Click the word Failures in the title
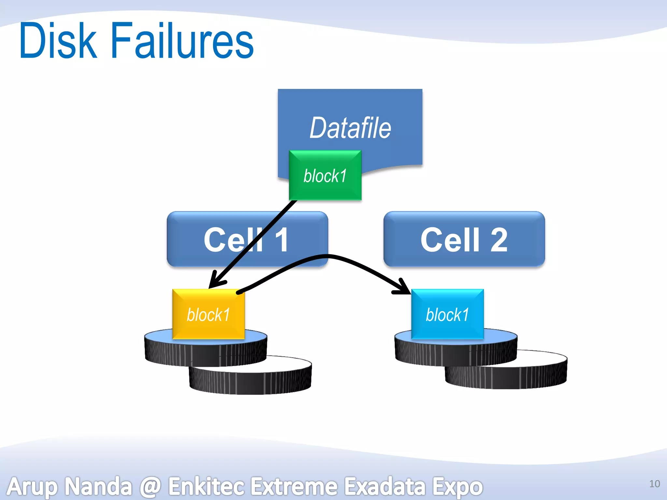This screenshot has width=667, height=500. (182, 41)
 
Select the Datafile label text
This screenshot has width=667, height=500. (350, 128)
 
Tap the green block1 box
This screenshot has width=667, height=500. (325, 176)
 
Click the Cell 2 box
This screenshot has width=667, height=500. (464, 240)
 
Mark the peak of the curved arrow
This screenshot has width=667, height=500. (327, 257)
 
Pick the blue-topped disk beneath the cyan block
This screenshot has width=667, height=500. (456, 350)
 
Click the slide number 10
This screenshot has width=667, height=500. (654, 484)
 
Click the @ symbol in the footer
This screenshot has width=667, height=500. (150, 487)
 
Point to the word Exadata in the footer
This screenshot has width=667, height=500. (385, 487)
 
